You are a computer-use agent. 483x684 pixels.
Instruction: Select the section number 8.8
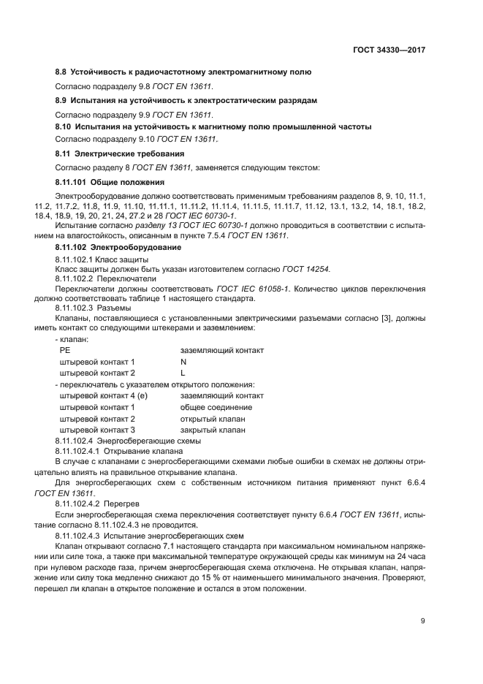[x=61, y=72]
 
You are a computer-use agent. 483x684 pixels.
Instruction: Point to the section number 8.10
[x=64, y=126]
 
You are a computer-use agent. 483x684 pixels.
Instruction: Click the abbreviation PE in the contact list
[x=64, y=351]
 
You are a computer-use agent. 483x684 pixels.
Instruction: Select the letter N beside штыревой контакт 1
[x=183, y=362]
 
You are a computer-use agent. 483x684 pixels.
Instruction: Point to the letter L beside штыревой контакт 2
[x=183, y=373]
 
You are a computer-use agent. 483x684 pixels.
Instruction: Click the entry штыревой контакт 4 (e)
[x=103, y=395]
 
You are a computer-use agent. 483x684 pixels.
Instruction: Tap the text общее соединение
[x=216, y=407]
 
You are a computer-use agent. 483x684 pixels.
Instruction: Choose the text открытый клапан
[x=213, y=419]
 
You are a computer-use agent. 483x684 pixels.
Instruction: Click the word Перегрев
[x=121, y=505]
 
